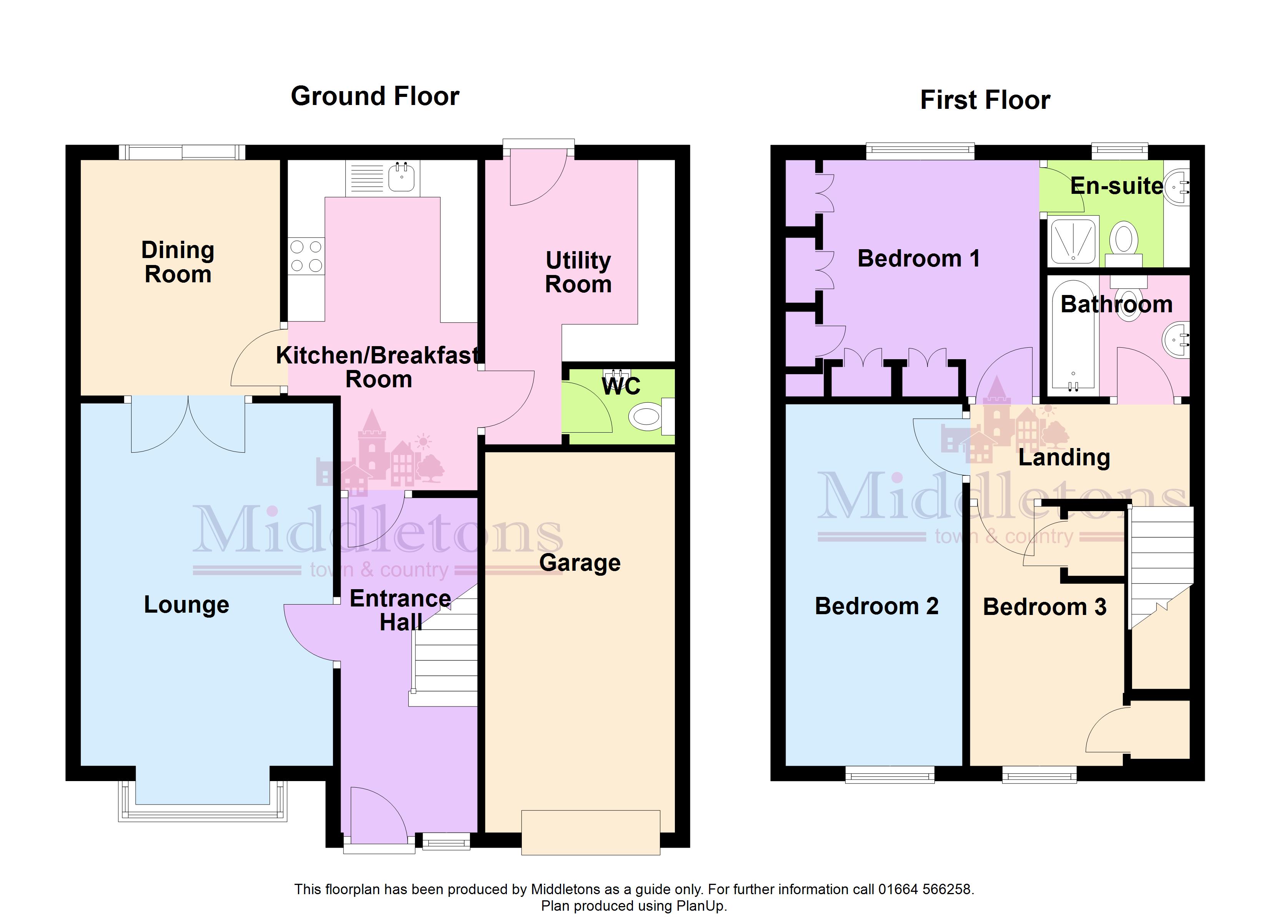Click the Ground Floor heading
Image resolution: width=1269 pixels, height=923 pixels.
click(375, 96)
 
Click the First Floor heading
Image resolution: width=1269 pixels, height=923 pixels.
click(985, 100)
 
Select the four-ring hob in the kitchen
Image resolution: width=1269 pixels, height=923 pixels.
click(306, 257)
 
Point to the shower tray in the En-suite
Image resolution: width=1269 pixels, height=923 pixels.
click(1073, 241)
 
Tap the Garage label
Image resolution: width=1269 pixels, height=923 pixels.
click(580, 563)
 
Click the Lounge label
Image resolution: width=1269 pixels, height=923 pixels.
click(187, 605)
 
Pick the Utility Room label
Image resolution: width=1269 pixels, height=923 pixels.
click(578, 272)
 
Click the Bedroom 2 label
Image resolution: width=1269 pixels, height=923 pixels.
click(876, 606)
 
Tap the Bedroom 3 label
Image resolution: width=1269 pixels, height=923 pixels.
click(1045, 607)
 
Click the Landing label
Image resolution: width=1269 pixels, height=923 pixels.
click(1064, 457)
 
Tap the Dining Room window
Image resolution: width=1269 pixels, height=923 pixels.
click(182, 152)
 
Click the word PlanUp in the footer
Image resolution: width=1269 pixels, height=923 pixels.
click(701, 906)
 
